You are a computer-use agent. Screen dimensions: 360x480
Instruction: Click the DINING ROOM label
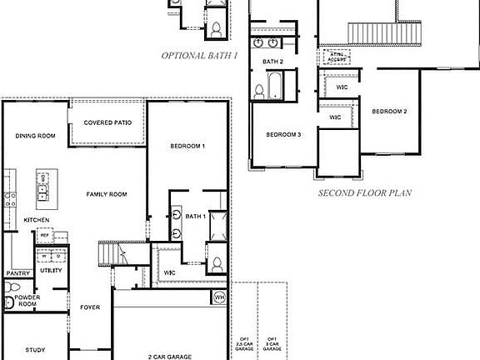click(35, 136)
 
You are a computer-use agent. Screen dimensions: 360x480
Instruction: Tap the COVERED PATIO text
click(107, 123)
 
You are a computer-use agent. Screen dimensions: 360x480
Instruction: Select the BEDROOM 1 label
click(187, 147)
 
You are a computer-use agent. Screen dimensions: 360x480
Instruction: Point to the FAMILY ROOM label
click(107, 194)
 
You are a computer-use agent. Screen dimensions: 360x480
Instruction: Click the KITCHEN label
click(37, 219)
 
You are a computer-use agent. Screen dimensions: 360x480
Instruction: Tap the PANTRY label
click(17, 273)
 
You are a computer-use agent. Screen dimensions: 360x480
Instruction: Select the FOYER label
click(90, 307)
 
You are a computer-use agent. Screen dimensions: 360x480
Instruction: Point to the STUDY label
click(35, 350)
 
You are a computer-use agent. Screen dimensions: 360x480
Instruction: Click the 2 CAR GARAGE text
click(170, 356)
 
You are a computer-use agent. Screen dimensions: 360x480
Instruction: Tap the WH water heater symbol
click(219, 297)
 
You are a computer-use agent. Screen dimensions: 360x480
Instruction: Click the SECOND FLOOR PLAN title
click(366, 192)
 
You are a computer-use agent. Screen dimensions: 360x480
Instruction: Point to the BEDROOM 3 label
click(283, 134)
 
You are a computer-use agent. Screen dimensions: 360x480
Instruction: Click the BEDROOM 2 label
click(389, 112)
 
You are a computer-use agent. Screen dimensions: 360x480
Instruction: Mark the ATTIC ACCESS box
click(337, 57)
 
